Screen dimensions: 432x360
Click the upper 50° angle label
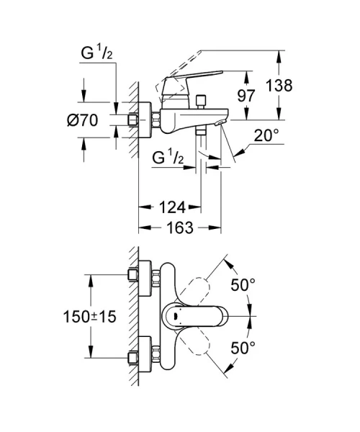pyautogui.click(x=243, y=285)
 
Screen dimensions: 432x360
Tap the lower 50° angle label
pyautogui.click(x=243, y=348)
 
